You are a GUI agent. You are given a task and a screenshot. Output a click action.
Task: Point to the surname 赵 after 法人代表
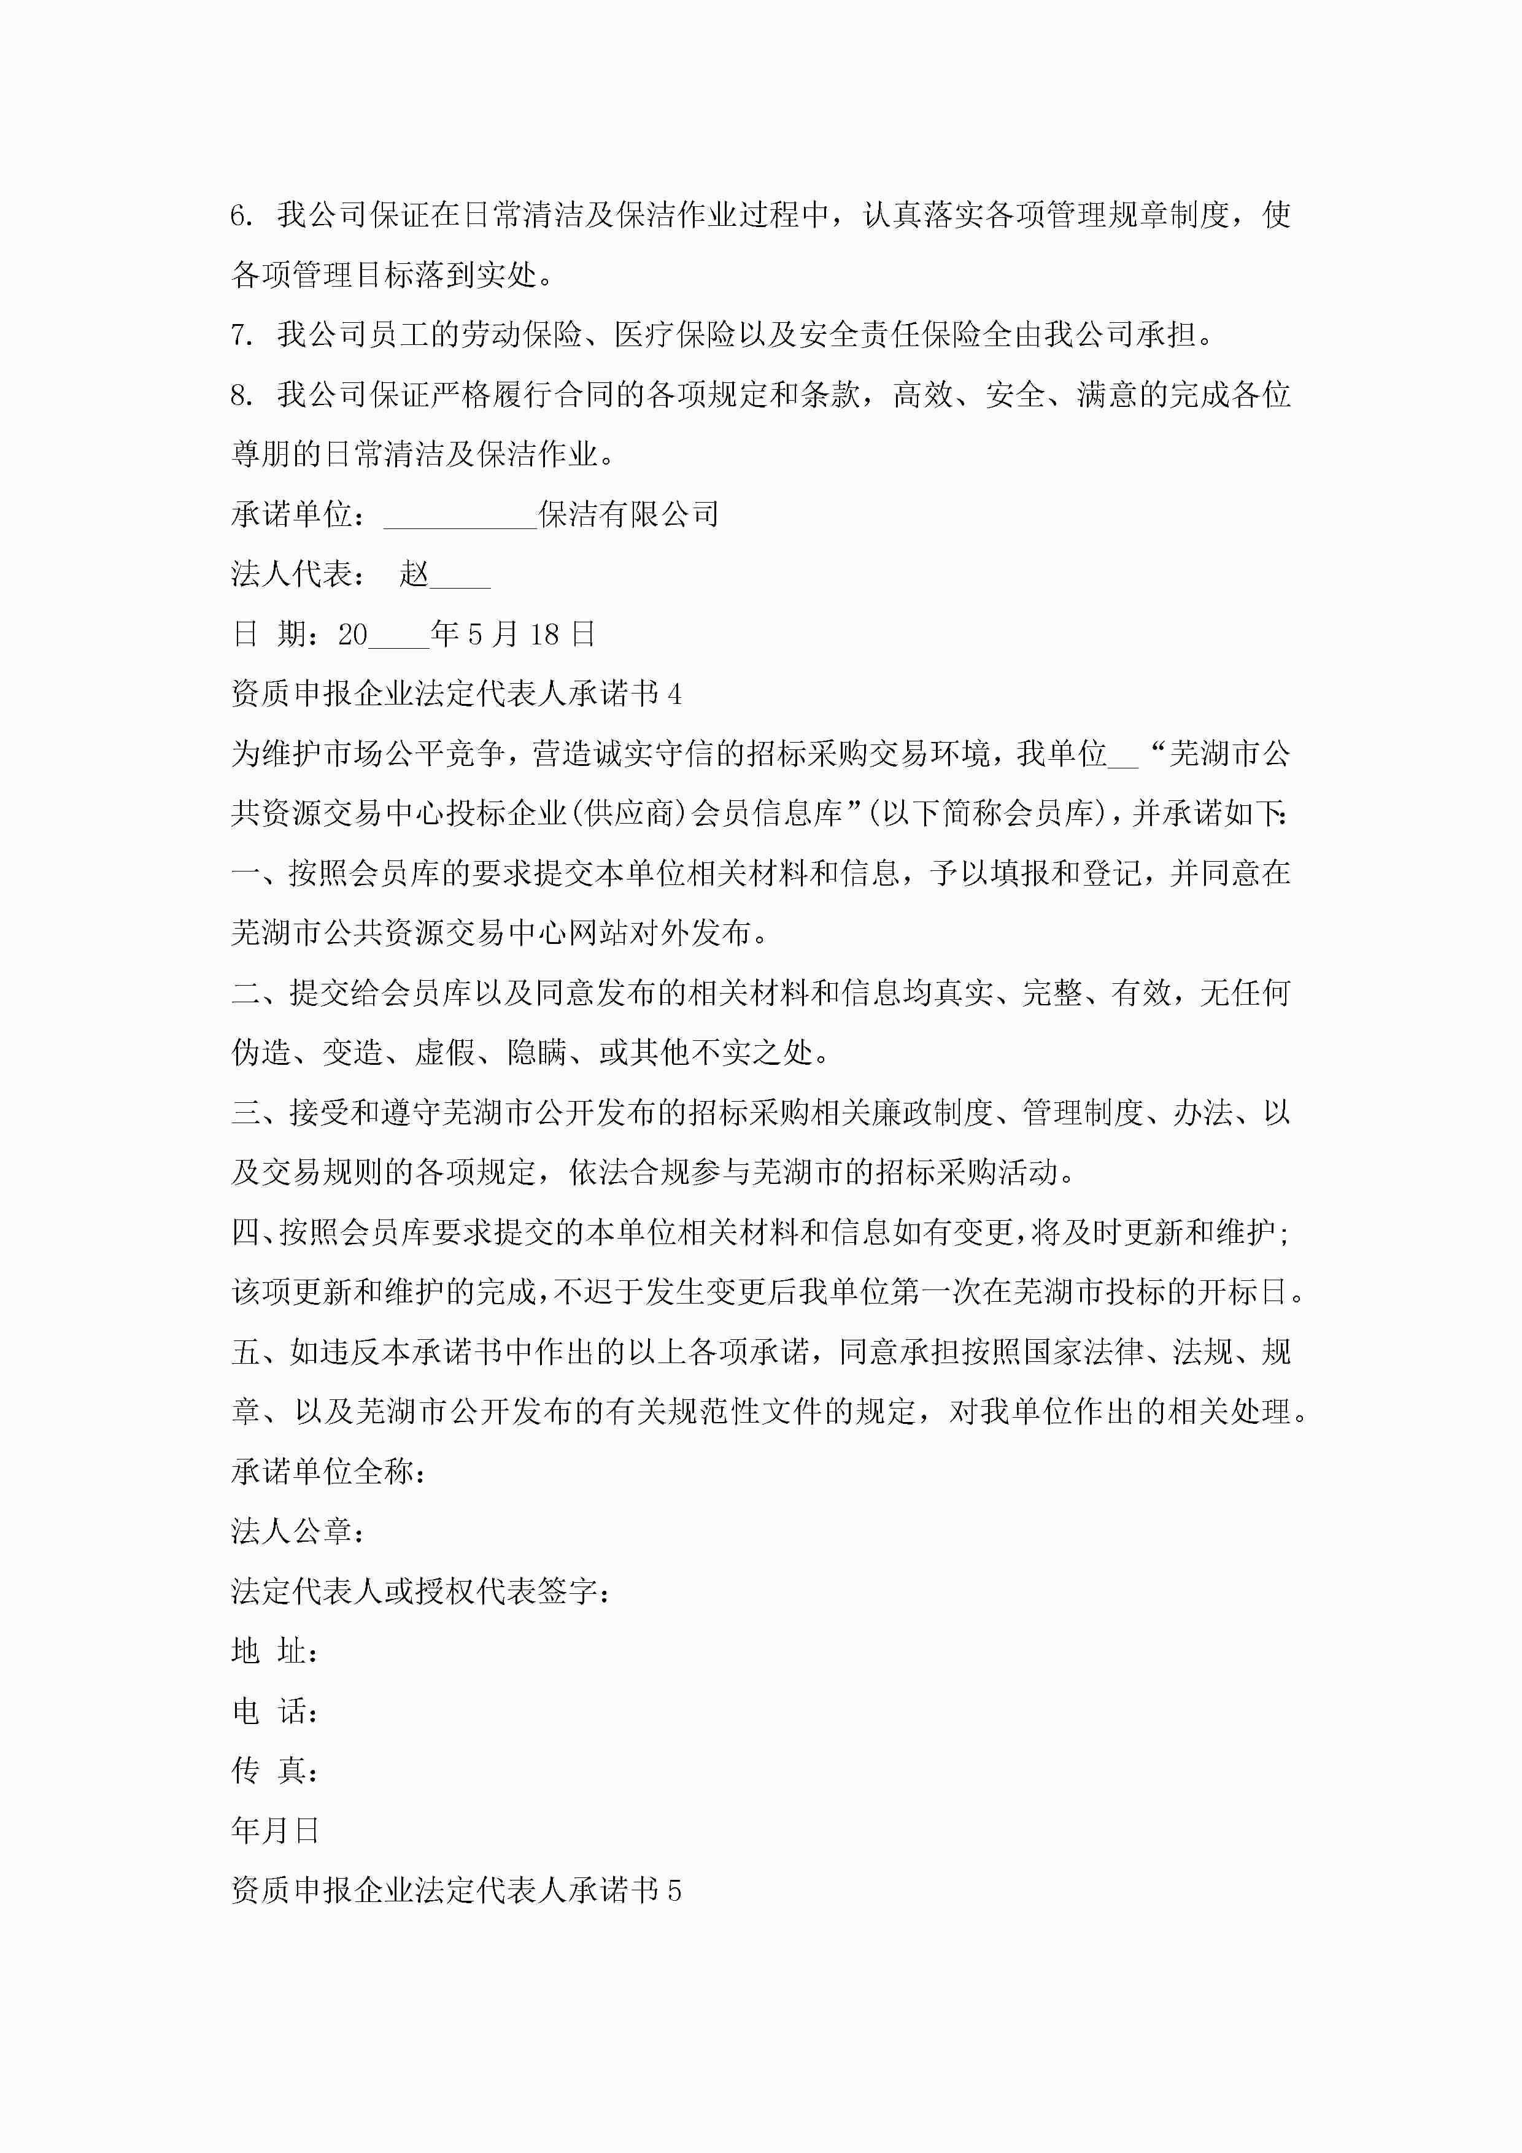(414, 574)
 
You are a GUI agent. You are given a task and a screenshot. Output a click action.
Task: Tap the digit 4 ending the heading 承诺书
(674, 695)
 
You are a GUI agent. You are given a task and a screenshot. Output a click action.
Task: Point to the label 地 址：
(275, 1652)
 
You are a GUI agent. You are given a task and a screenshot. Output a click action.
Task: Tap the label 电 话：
(275, 1711)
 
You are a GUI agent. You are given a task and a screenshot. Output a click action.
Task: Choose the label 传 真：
(275, 1771)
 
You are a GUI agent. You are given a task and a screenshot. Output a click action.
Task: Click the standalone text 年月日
(276, 1830)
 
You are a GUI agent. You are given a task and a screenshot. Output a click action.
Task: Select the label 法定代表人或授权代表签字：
(420, 1591)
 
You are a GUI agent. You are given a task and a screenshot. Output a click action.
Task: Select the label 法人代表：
(298, 574)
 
